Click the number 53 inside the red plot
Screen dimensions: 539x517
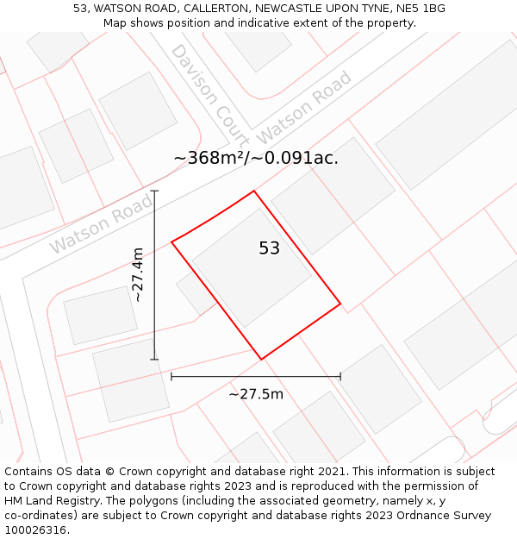pos(269,248)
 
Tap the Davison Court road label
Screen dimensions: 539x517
pos(209,95)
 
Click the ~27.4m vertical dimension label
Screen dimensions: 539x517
pos(138,274)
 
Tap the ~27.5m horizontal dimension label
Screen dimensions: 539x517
pos(256,394)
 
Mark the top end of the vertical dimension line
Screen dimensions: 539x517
pos(154,191)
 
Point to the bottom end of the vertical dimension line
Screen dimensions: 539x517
pos(154,359)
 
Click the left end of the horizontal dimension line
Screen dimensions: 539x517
pos(171,376)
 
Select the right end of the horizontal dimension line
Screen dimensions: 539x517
pos(340,376)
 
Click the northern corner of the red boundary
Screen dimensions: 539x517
pos(253,191)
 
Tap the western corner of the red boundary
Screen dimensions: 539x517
pos(171,241)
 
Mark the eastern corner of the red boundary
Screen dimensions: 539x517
pos(340,304)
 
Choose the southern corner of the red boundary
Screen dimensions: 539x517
pos(261,359)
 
